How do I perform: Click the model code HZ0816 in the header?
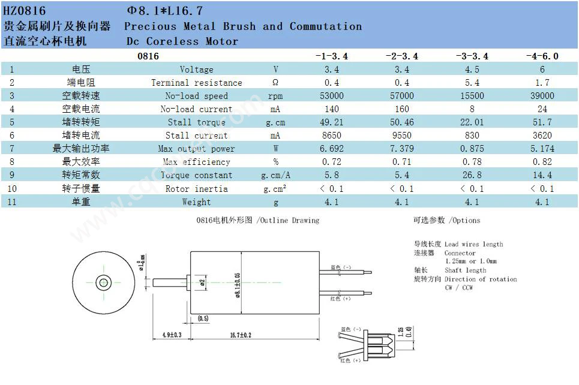tap(25, 11)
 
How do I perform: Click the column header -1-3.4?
tap(331, 56)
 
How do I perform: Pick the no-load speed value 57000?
tap(402, 96)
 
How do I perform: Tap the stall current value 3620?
tap(542, 136)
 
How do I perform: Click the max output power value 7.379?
tap(402, 149)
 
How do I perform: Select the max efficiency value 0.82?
tap(542, 162)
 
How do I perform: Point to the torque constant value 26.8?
tap(472, 175)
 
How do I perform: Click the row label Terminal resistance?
tap(196, 83)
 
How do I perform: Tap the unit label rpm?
tap(275, 96)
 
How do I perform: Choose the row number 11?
tap(11, 201)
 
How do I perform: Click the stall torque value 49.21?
tap(331, 122)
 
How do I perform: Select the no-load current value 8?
tap(472, 109)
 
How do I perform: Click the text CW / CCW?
tap(459, 288)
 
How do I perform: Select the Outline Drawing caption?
tap(258, 221)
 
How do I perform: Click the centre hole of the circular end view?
tap(104, 282)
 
